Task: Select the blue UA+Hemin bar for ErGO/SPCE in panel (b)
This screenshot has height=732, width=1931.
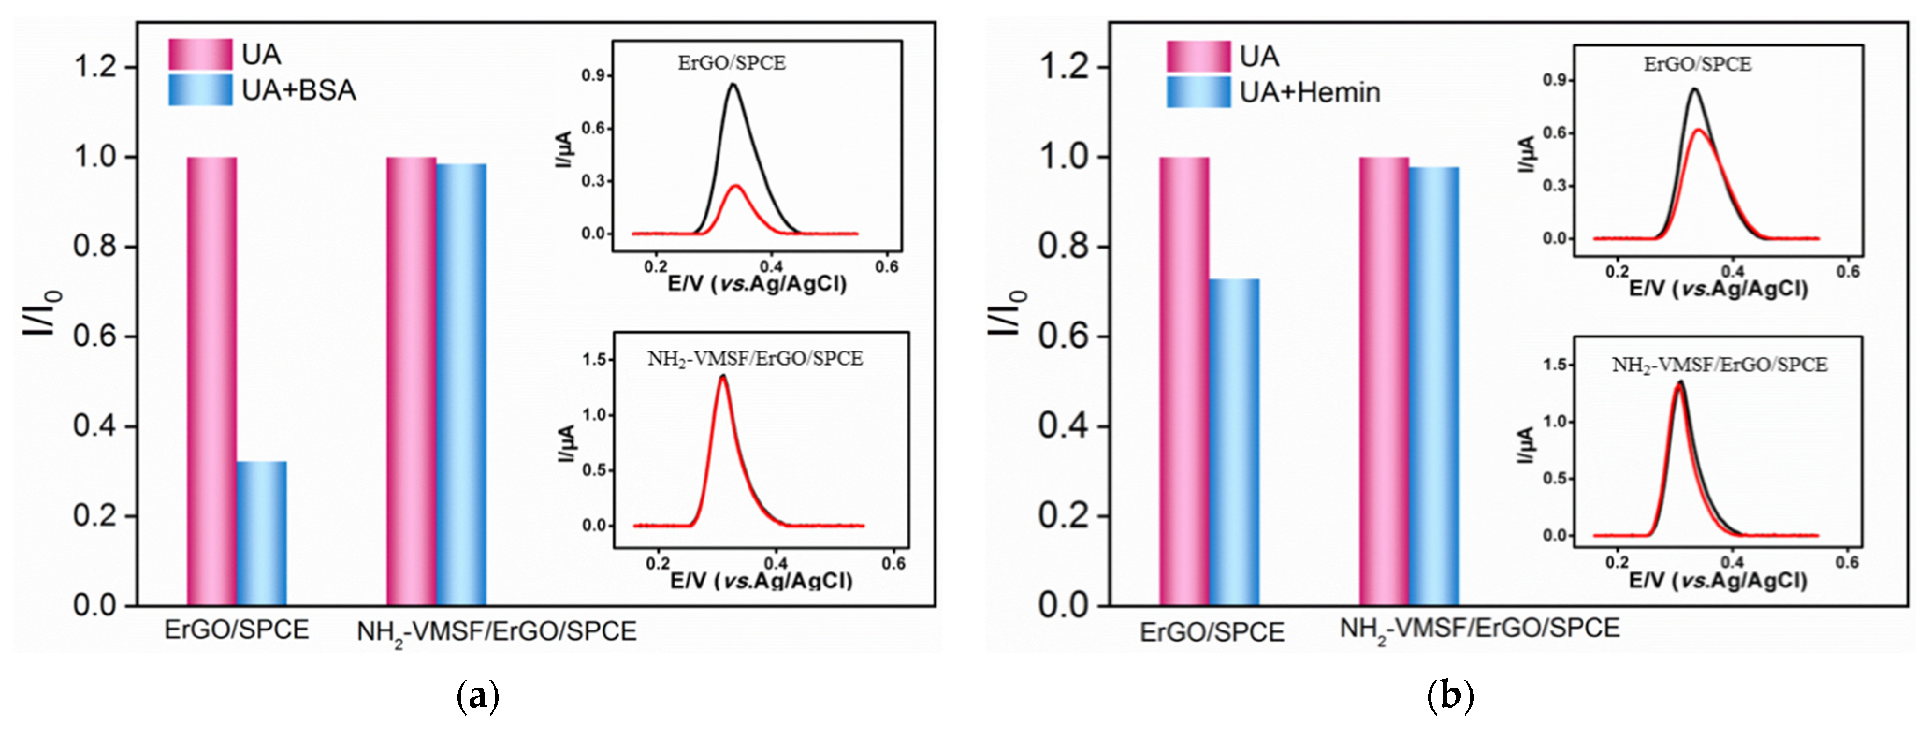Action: [x=1234, y=442]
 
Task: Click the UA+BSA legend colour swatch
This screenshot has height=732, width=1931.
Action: [x=200, y=90]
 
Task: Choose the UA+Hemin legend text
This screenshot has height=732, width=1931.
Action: [x=1310, y=92]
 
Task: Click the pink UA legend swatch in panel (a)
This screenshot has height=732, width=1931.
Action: [x=200, y=54]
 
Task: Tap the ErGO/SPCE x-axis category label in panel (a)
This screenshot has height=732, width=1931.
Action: [x=236, y=630]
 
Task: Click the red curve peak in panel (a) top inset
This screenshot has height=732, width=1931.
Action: [x=736, y=185]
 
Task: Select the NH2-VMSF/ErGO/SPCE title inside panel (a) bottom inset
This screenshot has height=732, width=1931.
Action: [x=755, y=359]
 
